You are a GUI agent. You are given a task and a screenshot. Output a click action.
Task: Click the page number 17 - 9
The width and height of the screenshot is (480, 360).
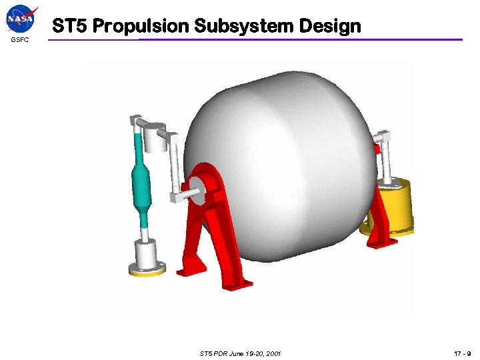pos(462,353)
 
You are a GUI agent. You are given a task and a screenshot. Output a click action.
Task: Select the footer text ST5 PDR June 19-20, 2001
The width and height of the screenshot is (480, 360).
pos(240,353)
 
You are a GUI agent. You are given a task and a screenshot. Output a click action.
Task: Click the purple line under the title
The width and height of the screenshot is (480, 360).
pos(267,39)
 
